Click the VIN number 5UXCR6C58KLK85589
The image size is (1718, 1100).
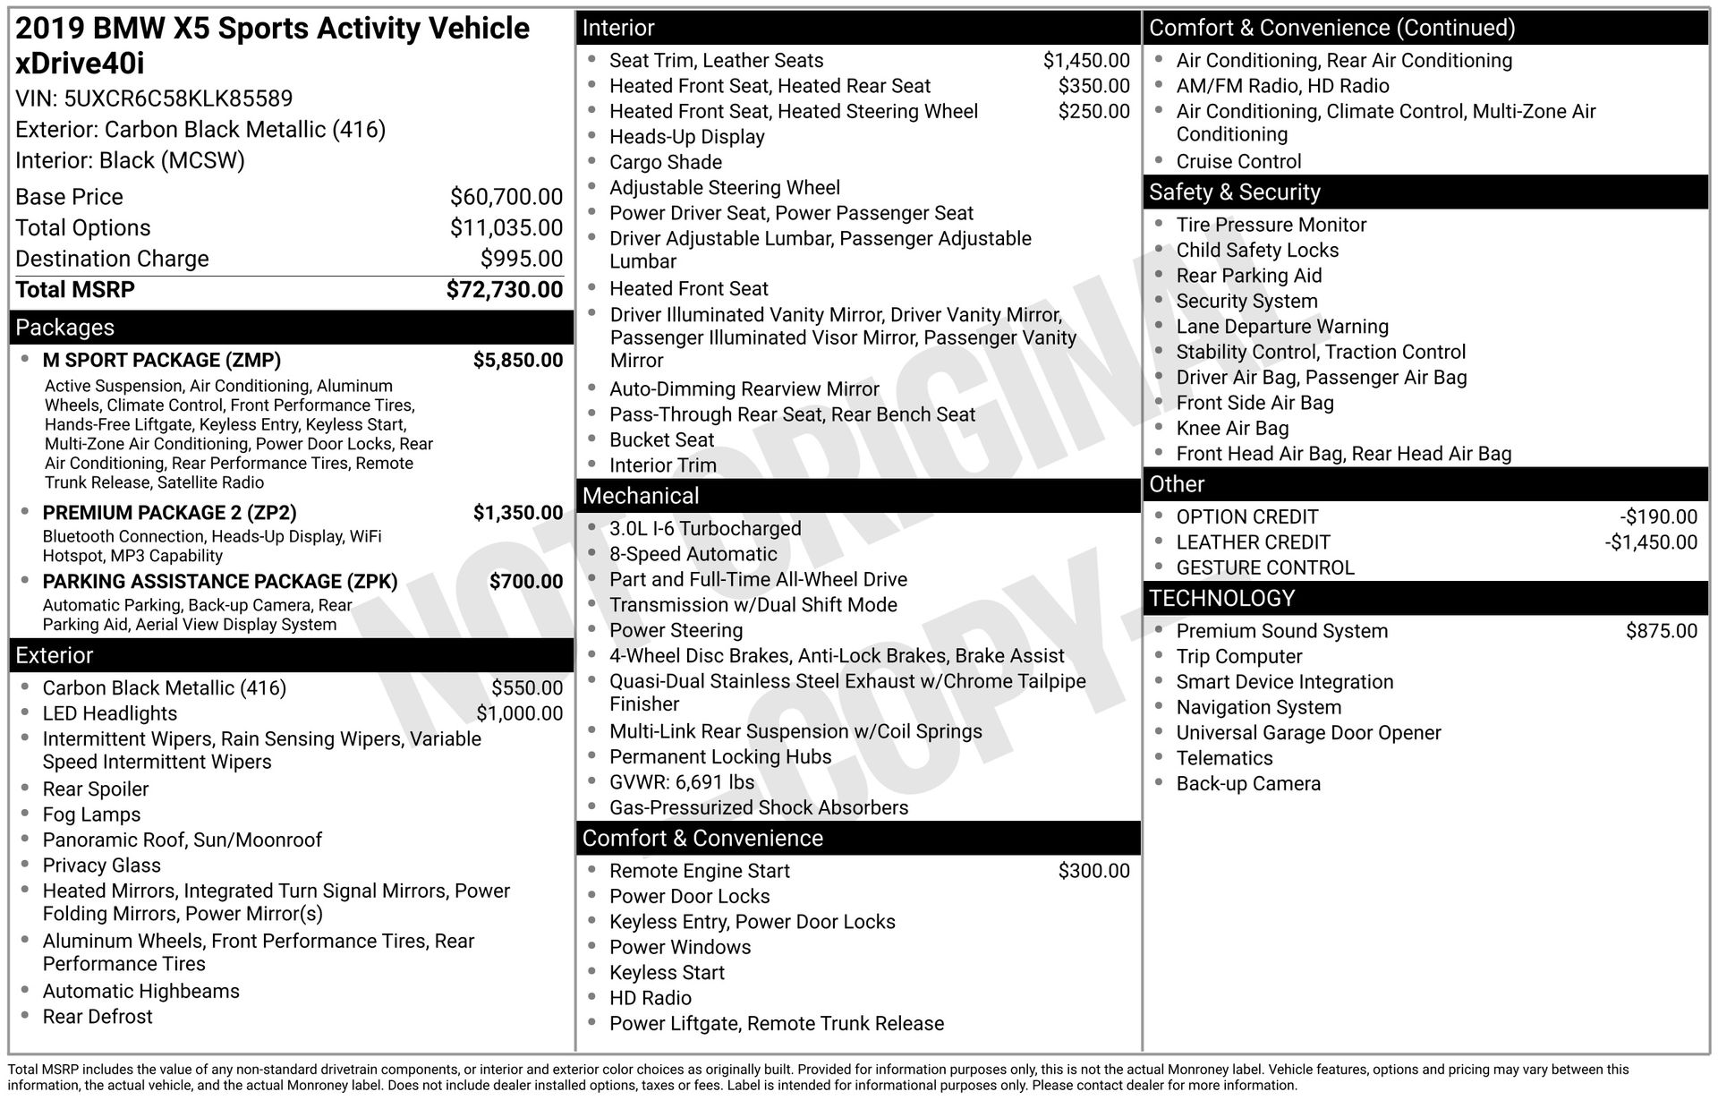tap(178, 98)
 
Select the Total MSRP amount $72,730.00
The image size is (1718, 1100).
tap(505, 290)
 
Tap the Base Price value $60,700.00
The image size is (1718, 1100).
tap(506, 197)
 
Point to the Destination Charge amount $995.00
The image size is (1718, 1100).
tap(522, 259)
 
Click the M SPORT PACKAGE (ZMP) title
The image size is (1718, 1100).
tap(161, 360)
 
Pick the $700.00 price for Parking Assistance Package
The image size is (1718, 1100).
tap(526, 582)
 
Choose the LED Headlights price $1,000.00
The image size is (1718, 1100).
tap(519, 713)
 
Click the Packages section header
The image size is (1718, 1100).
tap(65, 328)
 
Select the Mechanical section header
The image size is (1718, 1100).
tap(641, 496)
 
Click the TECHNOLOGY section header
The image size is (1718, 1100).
tap(1221, 598)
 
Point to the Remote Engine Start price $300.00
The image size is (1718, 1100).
tap(1093, 871)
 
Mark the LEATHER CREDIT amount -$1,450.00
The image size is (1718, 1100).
tap(1650, 542)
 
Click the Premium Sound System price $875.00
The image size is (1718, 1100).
tap(1661, 631)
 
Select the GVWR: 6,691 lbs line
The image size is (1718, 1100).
tap(681, 782)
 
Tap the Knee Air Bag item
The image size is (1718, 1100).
tap(1232, 429)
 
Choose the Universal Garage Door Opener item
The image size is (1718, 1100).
tap(1308, 733)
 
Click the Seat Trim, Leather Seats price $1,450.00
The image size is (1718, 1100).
tap(1086, 61)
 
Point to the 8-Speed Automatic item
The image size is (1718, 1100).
tap(693, 554)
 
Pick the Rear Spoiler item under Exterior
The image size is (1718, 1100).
tap(96, 789)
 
